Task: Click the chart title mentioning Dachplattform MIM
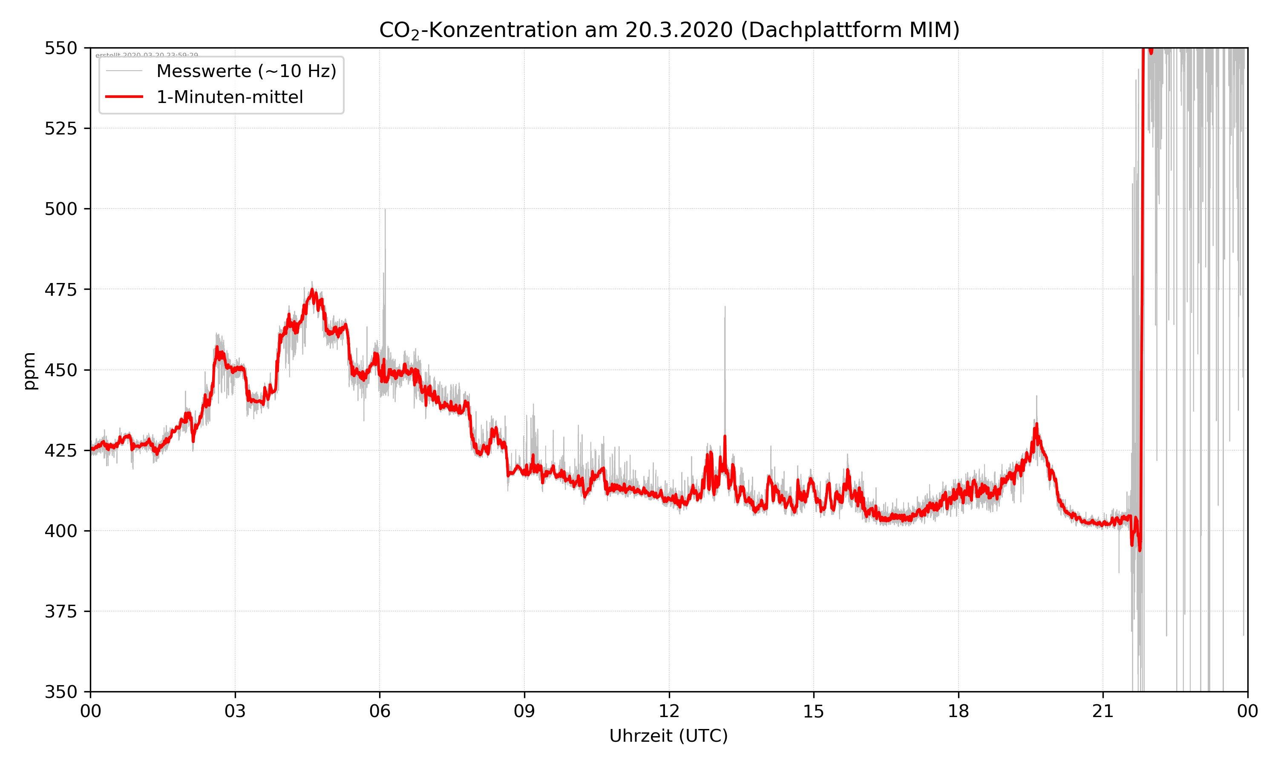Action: [x=669, y=30]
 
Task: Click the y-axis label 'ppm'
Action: [x=29, y=371]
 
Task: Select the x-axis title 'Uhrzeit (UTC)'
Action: [x=668, y=735]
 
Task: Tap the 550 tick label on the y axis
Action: [x=60, y=48]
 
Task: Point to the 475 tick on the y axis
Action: [x=60, y=289]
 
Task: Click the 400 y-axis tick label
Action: [x=60, y=531]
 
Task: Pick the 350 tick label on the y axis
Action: [x=60, y=692]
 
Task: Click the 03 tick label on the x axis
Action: [x=235, y=711]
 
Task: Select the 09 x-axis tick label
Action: [x=524, y=711]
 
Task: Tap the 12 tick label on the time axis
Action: [x=669, y=711]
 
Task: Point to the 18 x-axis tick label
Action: [x=958, y=711]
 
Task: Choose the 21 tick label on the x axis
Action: [x=1103, y=711]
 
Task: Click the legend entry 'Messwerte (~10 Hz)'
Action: [x=246, y=71]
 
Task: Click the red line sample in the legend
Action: [x=124, y=97]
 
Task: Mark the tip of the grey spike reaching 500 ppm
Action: [x=385, y=209]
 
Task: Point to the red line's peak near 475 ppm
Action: [x=312, y=290]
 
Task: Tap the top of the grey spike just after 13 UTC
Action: [x=725, y=307]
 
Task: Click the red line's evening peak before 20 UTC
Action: [x=1036, y=425]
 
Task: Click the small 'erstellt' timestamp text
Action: [x=147, y=55]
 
